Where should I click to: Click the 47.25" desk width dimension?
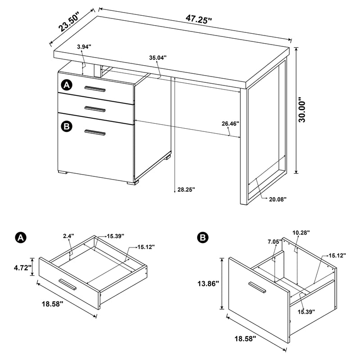point(198,18)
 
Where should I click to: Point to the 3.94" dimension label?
point(84,46)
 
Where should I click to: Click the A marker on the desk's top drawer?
point(67,85)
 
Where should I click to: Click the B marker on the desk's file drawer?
point(67,127)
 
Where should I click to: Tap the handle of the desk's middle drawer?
point(95,108)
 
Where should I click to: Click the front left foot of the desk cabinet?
point(63,172)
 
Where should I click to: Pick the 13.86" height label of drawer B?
point(207,283)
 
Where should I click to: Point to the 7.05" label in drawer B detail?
point(274,242)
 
